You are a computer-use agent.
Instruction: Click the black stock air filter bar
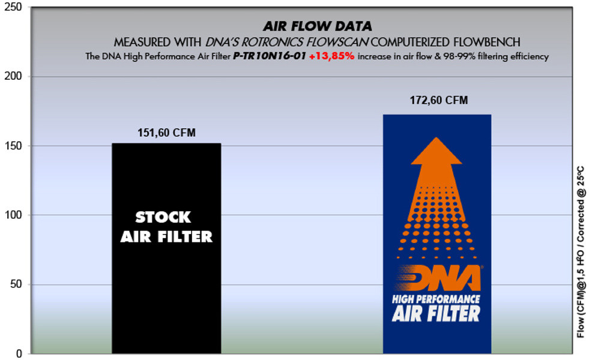166,248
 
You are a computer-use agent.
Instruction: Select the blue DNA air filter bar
437,234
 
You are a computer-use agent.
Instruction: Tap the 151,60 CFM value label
166,133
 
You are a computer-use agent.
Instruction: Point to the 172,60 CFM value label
439,100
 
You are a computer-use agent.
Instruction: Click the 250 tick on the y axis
13,7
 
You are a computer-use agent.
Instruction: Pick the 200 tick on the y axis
13,76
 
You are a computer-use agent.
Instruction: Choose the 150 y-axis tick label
13,146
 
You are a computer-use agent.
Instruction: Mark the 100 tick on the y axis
13,215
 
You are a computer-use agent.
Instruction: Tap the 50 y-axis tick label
16,284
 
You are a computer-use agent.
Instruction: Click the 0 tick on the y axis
19,353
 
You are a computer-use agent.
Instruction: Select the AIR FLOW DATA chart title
318,26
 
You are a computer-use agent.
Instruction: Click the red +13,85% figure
331,56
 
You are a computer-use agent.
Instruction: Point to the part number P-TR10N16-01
270,56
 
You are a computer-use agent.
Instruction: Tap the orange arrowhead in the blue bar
436,151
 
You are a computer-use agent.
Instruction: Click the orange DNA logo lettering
438,278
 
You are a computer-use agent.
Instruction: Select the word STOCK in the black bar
163,217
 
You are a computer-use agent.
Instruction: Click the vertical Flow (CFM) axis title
581,251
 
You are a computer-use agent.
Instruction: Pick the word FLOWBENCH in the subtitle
487,42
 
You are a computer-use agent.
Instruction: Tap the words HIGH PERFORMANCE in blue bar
436,299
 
